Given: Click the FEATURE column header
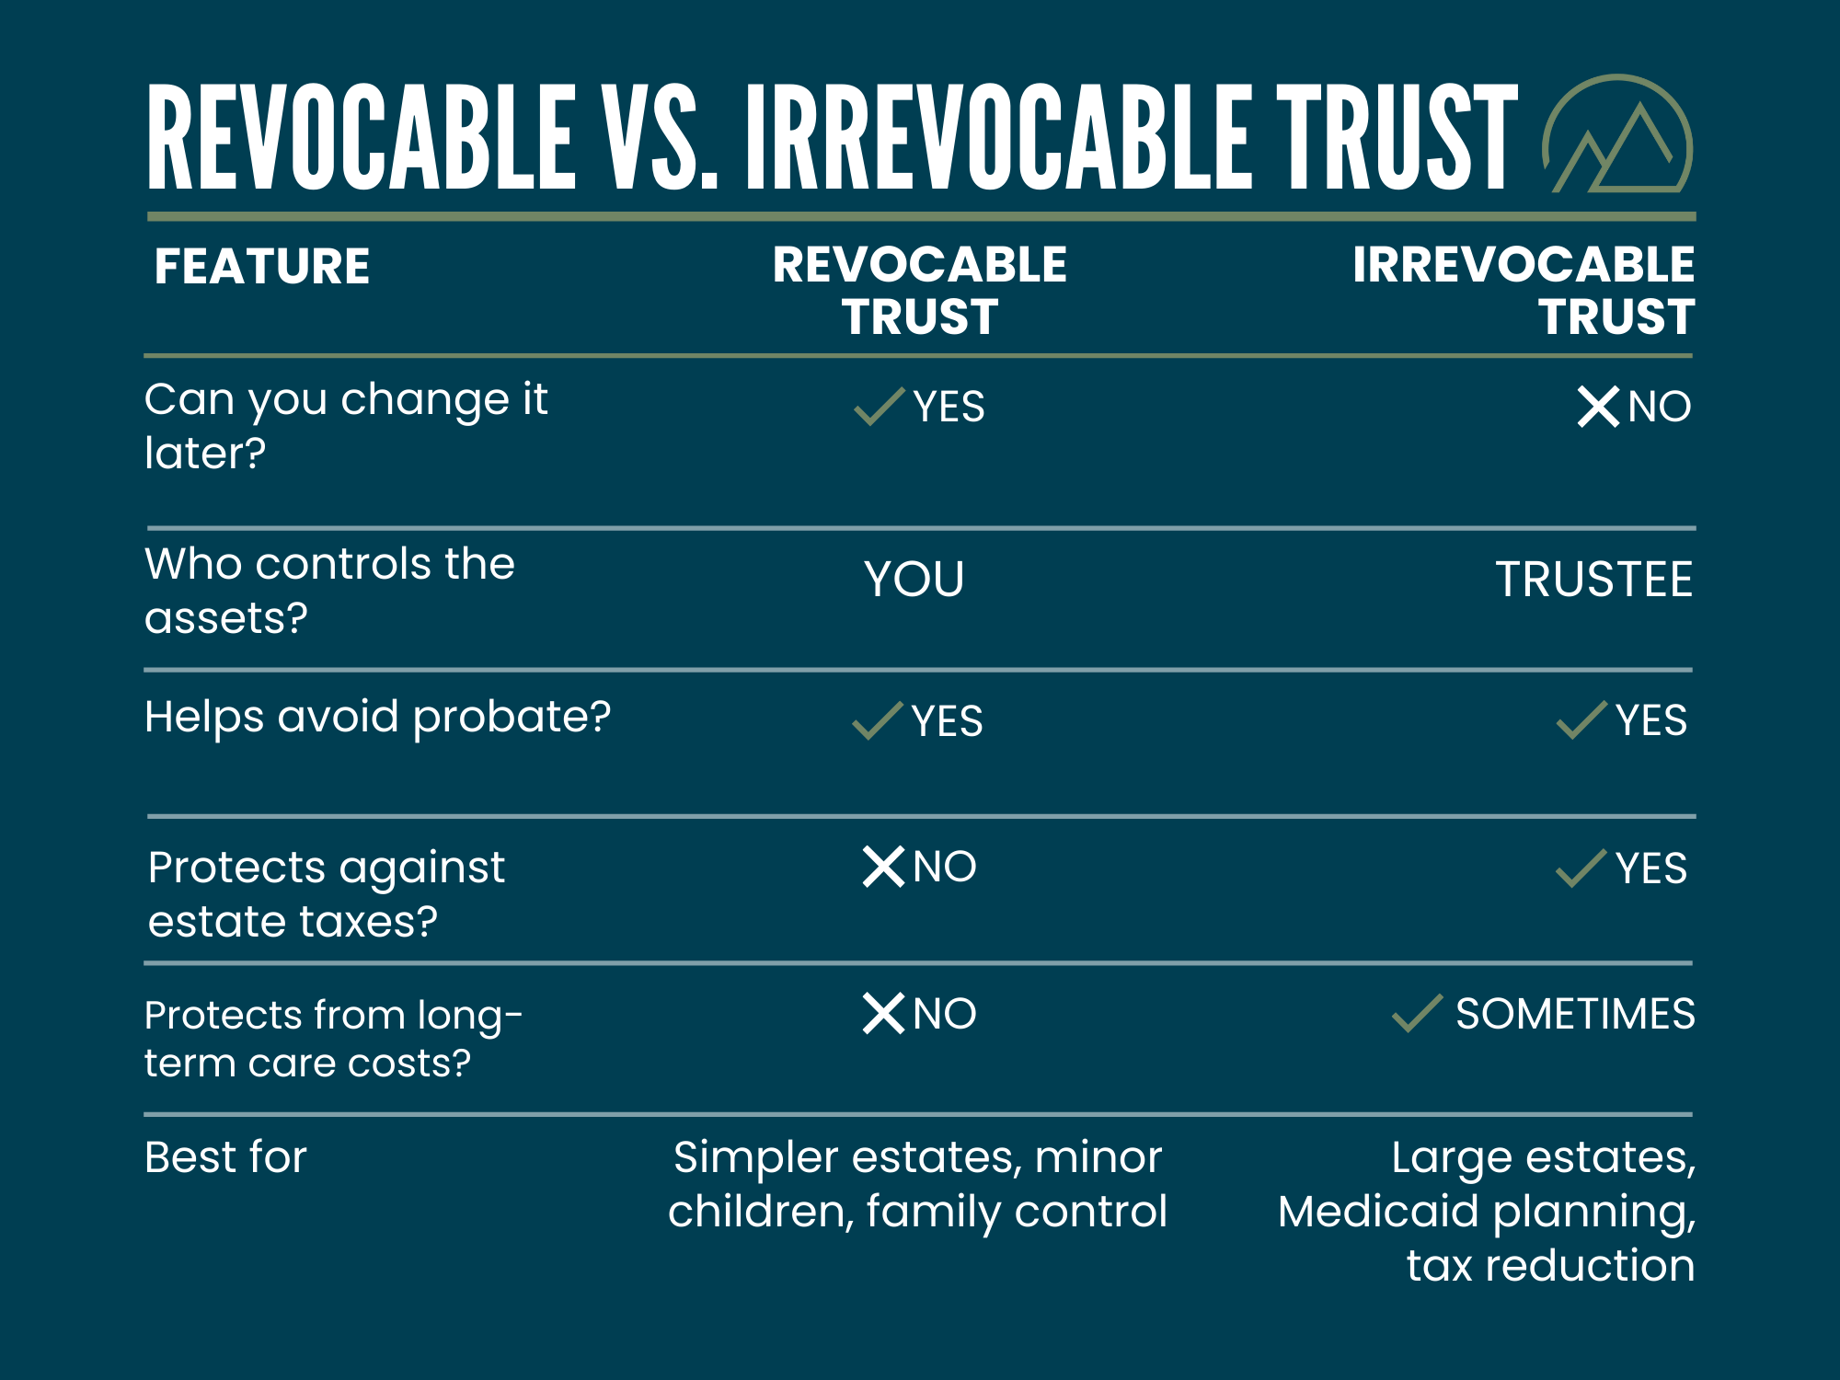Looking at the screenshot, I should click(262, 267).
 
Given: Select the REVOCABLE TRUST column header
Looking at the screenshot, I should click(919, 290).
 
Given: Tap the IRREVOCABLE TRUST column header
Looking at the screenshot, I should click(1523, 290).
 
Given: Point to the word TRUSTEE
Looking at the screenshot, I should click(1593, 580).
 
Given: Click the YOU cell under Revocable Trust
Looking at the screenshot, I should click(914, 580).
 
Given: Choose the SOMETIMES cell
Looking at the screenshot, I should click(1574, 1014).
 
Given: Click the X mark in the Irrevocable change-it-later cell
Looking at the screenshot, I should click(1598, 407).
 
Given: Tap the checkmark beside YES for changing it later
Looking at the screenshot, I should click(879, 406).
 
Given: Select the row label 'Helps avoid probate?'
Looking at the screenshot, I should click(377, 717).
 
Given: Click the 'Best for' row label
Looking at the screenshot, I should click(225, 1157).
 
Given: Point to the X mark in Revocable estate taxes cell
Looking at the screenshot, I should click(883, 867).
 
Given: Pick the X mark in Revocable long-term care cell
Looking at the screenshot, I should click(883, 1014).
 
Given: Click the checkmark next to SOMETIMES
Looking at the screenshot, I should click(1417, 1014).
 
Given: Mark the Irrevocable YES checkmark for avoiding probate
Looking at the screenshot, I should click(1581, 720).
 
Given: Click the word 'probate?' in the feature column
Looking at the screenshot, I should click(512, 717).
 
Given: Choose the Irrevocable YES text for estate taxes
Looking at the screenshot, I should click(1650, 868).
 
